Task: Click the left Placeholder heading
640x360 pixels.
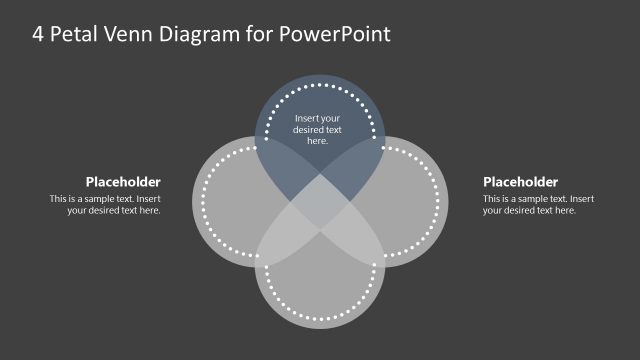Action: pyautogui.click(x=123, y=182)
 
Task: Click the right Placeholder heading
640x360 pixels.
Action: pyautogui.click(x=520, y=182)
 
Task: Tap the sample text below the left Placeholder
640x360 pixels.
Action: pyautogui.click(x=105, y=204)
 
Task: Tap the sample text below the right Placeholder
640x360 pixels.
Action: pyautogui.click(x=538, y=204)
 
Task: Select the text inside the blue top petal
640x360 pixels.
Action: pyautogui.click(x=318, y=130)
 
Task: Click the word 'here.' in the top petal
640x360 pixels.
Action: pyautogui.click(x=318, y=141)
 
